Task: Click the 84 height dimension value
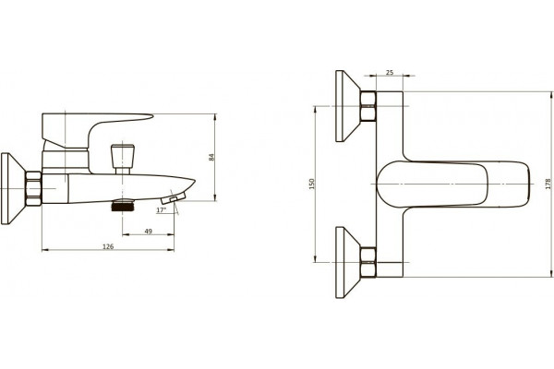[211, 157]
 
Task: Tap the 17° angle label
[161, 210]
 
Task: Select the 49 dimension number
[149, 232]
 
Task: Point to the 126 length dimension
[108, 246]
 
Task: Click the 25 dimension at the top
[390, 72]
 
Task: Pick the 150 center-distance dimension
[312, 184]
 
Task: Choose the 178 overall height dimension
[548, 184]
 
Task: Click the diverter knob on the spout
[122, 159]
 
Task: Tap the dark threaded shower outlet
[122, 205]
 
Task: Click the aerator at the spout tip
[174, 198]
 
